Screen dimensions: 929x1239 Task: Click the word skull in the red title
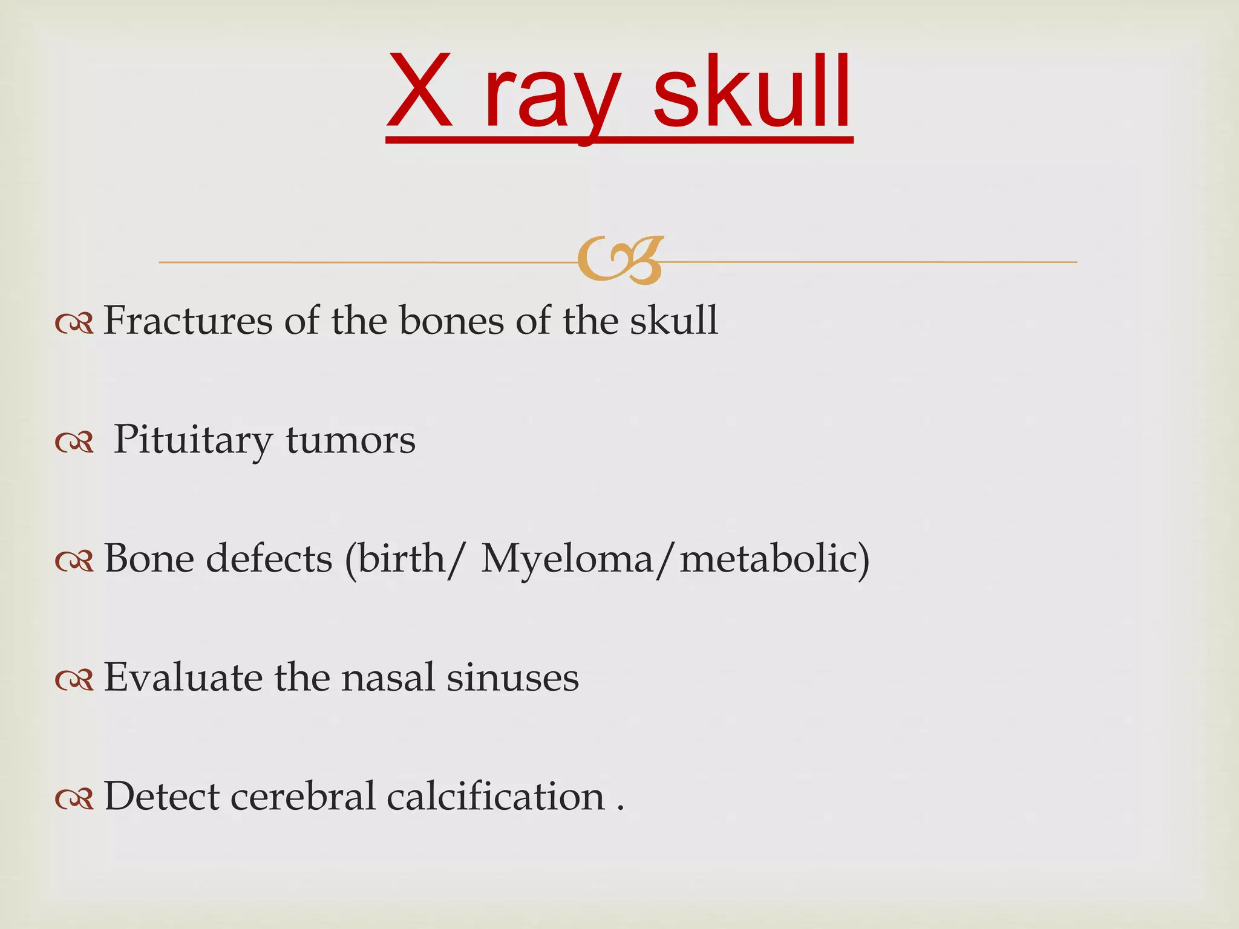(x=752, y=92)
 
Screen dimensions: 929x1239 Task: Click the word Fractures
(x=188, y=320)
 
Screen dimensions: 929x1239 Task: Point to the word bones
(x=451, y=320)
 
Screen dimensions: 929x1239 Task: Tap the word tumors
(x=351, y=440)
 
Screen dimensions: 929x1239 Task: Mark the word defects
(x=269, y=558)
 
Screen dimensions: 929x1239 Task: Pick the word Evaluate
(x=183, y=677)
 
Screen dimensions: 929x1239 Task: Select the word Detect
(x=162, y=796)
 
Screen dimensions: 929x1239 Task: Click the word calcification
(x=495, y=796)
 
